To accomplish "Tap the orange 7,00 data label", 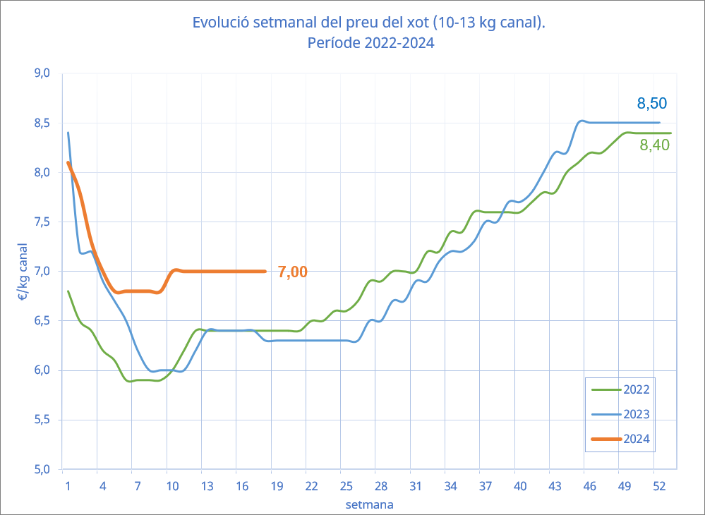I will click(292, 272).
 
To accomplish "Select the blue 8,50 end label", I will click(651, 104).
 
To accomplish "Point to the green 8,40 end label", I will click(654, 145).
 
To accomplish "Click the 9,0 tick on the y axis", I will click(42, 73).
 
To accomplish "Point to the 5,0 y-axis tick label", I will click(42, 469).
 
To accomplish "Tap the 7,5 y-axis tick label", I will click(42, 222).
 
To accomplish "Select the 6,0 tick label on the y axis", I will click(42, 370).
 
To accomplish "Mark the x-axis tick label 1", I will click(68, 486).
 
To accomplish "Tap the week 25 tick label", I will click(346, 486).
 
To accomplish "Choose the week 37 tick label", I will click(485, 486).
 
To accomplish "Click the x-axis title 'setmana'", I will click(369, 505).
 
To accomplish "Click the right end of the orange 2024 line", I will click(265, 271).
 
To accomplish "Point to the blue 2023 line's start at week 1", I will click(68, 133).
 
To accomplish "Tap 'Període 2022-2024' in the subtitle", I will click(370, 42).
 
